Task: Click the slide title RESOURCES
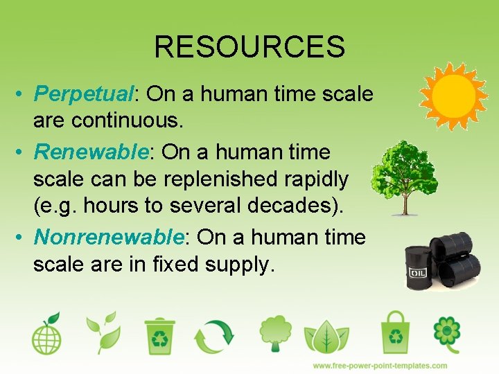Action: point(249,47)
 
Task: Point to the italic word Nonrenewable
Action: point(109,238)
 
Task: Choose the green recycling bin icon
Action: point(160,335)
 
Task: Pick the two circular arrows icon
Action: point(215,336)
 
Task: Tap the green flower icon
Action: point(447,335)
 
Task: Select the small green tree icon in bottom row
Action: point(275,334)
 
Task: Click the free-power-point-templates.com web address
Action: point(380,365)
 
